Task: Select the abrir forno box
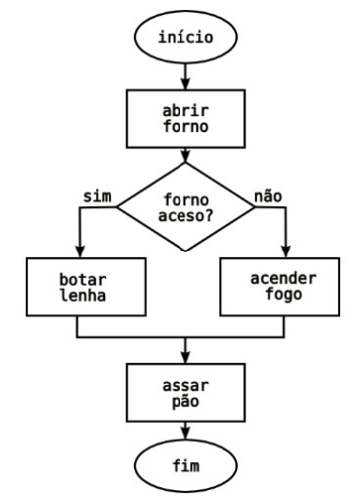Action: pyautogui.click(x=183, y=118)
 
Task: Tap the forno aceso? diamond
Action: pyautogui.click(x=184, y=208)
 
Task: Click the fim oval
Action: pyautogui.click(x=183, y=466)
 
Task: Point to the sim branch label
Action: pyautogui.click(x=95, y=195)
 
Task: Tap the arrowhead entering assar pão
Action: pyautogui.click(x=183, y=356)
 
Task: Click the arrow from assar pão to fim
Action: pyautogui.click(x=183, y=429)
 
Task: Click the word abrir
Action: pyautogui.click(x=183, y=108)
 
